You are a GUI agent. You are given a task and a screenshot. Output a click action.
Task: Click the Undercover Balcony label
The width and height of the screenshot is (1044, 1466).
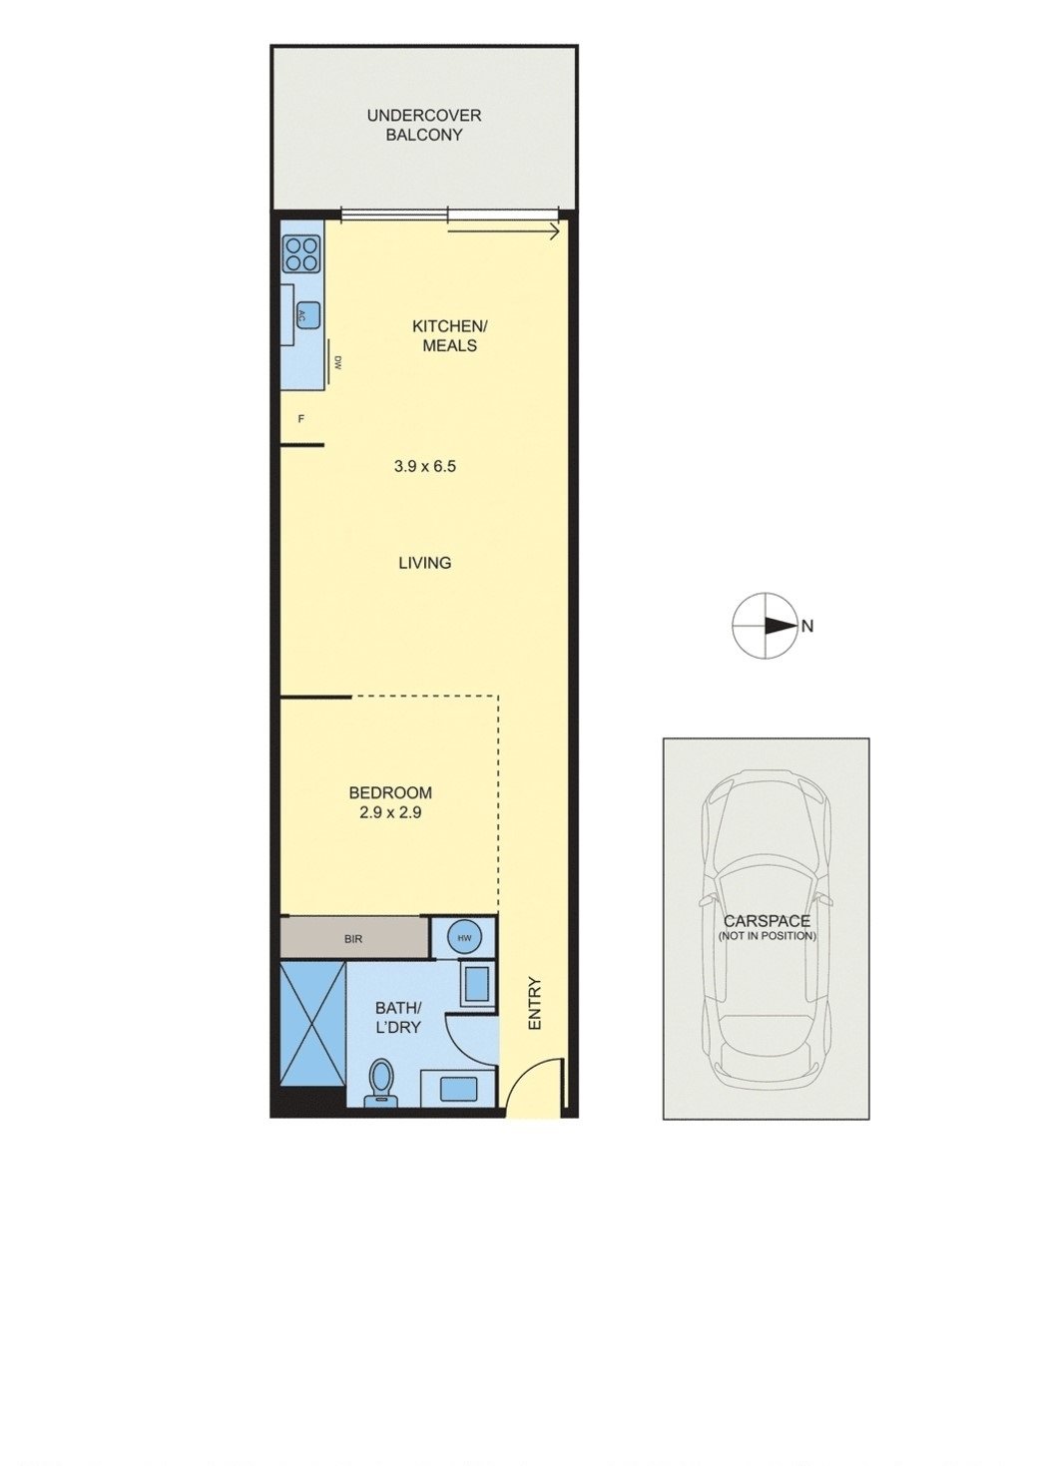[x=423, y=125]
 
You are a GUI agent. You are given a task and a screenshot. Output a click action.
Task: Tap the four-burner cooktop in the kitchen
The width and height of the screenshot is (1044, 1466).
[x=301, y=253]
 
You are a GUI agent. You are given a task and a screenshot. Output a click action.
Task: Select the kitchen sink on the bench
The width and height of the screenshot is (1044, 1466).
[x=305, y=316]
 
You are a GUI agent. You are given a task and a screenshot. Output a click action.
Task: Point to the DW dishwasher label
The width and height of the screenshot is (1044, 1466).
[x=339, y=363]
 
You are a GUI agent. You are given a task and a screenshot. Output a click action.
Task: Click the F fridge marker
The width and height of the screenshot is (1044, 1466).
[x=300, y=419]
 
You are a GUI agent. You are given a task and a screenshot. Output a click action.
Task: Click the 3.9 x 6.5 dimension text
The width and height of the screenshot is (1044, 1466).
[x=425, y=466]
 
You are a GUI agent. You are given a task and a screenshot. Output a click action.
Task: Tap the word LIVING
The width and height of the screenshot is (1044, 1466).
[x=425, y=563]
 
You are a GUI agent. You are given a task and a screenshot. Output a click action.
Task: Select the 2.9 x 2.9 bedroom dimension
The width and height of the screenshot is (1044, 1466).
[x=390, y=813]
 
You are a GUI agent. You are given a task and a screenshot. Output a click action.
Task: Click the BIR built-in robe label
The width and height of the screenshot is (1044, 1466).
[x=352, y=939]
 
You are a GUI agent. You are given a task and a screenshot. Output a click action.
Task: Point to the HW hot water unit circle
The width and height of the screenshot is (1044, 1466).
[x=464, y=938]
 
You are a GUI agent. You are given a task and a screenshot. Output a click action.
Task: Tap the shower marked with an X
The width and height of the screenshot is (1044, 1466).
[x=312, y=1024]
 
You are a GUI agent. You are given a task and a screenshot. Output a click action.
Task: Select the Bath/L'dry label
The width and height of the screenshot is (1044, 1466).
[x=398, y=1017]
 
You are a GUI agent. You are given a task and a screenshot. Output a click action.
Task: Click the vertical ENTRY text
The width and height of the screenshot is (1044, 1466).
[x=534, y=1003]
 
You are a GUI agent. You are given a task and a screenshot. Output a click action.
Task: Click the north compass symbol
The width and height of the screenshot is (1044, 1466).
[x=765, y=626]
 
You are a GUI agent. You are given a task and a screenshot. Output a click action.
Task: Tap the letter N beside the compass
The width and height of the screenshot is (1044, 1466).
[x=807, y=627]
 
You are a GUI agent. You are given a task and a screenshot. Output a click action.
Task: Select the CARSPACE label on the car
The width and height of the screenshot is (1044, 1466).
[x=767, y=921]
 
